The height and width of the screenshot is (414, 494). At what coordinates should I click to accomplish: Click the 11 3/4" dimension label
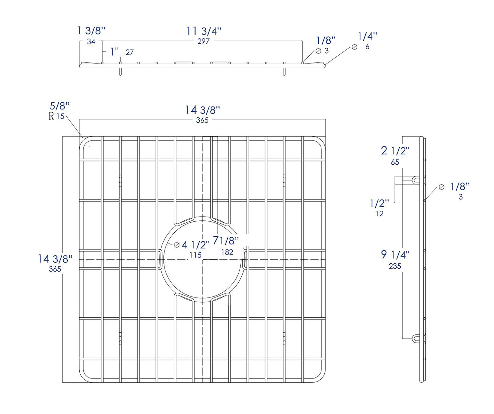[x=204, y=31]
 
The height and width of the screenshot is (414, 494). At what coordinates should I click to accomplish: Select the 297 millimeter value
[x=203, y=41]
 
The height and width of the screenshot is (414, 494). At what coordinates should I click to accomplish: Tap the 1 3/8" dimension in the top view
[x=91, y=30]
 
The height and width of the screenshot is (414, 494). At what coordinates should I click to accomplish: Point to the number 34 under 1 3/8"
[x=91, y=42]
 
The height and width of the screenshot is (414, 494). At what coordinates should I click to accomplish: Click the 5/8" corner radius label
[x=60, y=106]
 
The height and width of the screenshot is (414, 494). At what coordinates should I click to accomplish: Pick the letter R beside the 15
[x=51, y=116]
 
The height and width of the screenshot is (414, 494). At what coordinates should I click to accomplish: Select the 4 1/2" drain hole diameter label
[x=195, y=245]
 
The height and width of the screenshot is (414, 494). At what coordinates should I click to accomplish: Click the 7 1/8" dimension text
[x=226, y=241]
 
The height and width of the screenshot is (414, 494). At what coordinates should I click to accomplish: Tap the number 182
[x=227, y=252]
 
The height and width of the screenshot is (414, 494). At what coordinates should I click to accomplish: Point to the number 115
[x=196, y=255]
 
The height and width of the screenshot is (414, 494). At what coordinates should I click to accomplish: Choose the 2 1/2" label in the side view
[x=395, y=151]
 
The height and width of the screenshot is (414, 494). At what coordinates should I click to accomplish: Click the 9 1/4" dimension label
[x=395, y=254]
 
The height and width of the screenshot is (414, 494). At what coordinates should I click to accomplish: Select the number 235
[x=395, y=266]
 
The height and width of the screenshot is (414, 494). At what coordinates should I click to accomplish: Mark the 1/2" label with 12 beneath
[x=379, y=204]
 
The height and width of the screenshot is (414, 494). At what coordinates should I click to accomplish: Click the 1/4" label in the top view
[x=368, y=36]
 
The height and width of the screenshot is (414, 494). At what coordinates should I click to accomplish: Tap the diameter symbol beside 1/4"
[x=355, y=47]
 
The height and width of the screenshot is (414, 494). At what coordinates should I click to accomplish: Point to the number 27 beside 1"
[x=130, y=52]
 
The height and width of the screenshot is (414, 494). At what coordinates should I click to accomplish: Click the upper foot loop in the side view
[x=415, y=180]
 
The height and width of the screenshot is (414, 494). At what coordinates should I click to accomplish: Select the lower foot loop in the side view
[x=415, y=339]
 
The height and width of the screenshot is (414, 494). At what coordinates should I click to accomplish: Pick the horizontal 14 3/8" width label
[x=202, y=110]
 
